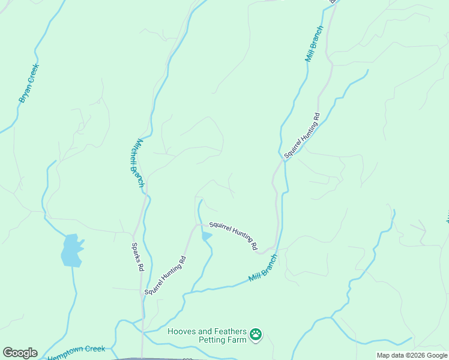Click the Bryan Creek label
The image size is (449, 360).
click(29, 83)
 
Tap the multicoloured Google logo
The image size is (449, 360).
click(20, 353)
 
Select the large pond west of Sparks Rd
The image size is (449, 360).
click(71, 250)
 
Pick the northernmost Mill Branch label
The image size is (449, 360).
click(315, 44)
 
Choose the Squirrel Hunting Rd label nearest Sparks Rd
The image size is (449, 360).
click(166, 275)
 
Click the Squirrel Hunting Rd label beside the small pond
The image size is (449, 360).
click(233, 236)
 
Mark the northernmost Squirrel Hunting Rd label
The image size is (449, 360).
click(303, 135)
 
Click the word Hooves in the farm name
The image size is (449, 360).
click(182, 331)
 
